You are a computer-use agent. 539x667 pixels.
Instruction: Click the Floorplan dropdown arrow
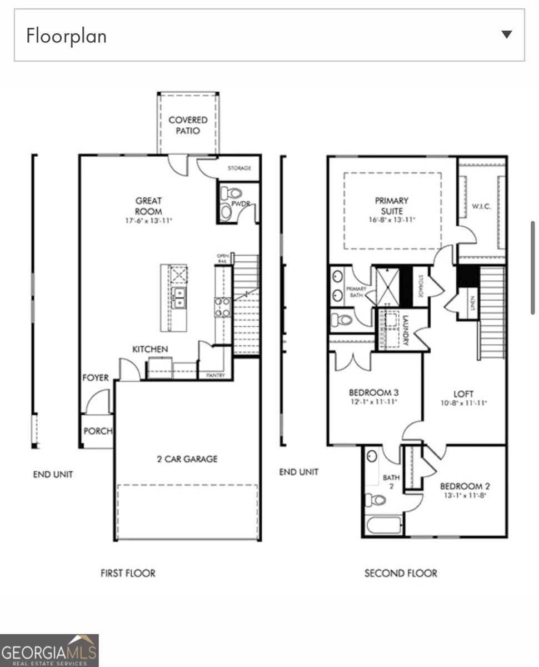tap(506, 34)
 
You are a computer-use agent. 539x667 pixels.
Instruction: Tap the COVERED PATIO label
tap(188, 125)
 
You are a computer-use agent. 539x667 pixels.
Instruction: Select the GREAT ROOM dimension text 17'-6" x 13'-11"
tap(148, 221)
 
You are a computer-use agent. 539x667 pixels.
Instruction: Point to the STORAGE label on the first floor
tap(239, 168)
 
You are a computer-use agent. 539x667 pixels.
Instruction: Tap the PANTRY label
tap(216, 376)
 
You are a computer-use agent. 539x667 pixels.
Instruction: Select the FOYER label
tap(95, 378)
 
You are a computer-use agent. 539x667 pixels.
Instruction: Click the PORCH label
tap(97, 431)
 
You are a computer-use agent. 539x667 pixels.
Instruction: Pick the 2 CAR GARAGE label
tap(186, 459)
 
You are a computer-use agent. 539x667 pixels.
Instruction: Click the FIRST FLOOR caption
tap(128, 573)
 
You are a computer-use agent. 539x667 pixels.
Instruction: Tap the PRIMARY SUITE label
tap(391, 206)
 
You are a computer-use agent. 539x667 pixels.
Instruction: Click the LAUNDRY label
tap(406, 330)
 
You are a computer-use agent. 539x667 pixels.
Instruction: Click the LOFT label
tap(463, 394)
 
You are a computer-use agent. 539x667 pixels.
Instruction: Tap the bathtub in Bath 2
tap(383, 525)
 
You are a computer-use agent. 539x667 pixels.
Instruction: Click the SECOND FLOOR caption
tap(401, 573)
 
